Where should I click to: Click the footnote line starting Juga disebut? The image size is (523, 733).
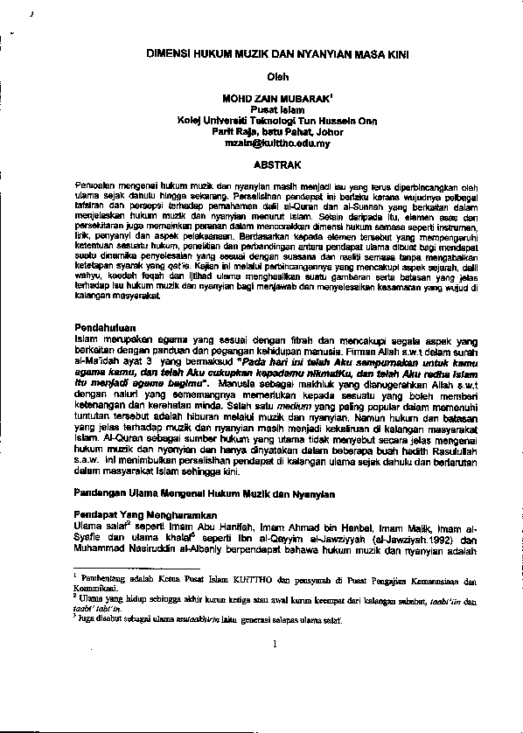[x=210, y=619]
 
